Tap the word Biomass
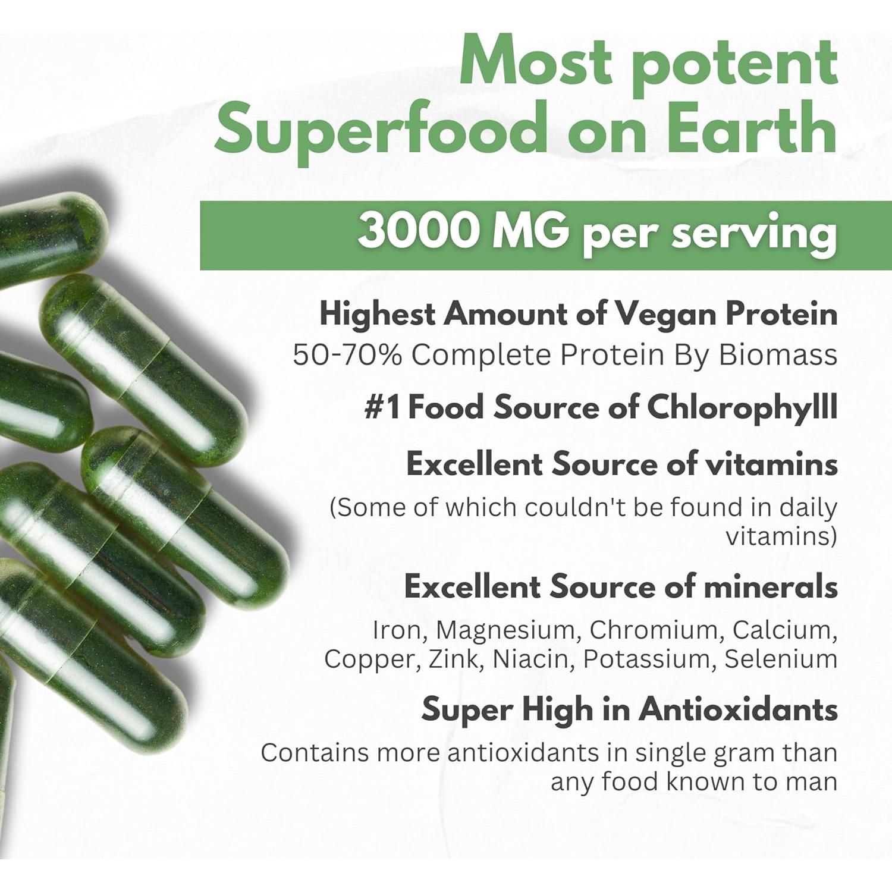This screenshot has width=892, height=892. pyautogui.click(x=778, y=355)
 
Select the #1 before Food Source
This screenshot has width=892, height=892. pyautogui.click(x=382, y=408)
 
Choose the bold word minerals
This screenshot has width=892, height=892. pyautogui.click(x=771, y=587)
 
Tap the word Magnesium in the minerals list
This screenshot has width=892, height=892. pyautogui.click(x=508, y=630)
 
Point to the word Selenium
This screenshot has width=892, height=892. pyautogui.click(x=781, y=659)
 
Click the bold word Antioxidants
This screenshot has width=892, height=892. pyautogui.click(x=738, y=709)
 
